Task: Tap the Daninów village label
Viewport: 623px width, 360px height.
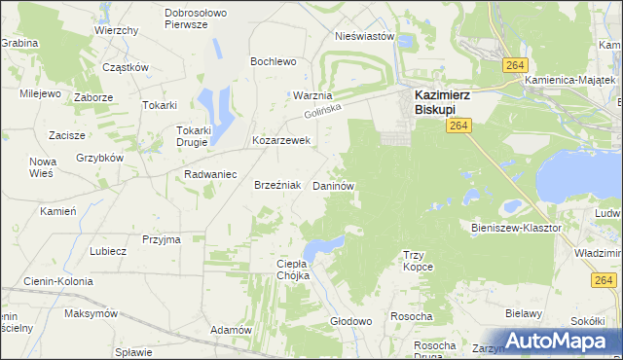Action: pos(332,185)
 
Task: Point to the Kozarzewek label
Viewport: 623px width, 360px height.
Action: pos(280,140)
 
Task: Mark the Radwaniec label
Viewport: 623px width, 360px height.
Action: pos(211,174)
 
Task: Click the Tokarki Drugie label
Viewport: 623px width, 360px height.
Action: pos(192,135)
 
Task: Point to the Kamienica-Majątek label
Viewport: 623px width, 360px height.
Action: pos(573,80)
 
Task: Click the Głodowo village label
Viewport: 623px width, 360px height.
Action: pos(351,321)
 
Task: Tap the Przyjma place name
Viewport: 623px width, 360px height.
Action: pos(162,239)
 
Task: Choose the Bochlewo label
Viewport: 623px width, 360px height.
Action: pos(273,61)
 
